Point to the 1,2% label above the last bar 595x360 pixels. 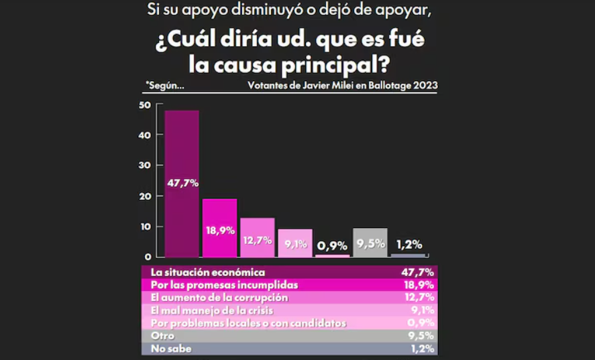408,245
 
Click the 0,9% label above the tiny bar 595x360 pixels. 333,246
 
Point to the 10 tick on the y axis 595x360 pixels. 144,227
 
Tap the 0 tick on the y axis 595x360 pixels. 147,257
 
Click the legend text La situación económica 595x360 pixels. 208,272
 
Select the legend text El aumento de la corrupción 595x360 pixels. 219,298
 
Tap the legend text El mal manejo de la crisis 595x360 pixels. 212,310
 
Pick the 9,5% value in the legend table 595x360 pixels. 420,336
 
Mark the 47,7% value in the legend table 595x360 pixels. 419,272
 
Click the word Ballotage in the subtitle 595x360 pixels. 388,85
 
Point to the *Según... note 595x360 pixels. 164,85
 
